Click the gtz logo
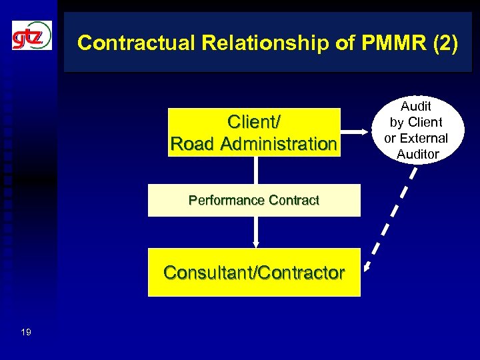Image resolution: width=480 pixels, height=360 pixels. [x=31, y=35]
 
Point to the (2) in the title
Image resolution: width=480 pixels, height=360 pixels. [x=445, y=43]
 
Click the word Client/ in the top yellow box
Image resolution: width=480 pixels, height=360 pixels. [x=254, y=123]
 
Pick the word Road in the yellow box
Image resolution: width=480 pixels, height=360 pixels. [x=194, y=143]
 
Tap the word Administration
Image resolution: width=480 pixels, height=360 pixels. [x=279, y=143]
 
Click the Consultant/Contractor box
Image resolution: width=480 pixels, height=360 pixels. [x=254, y=272]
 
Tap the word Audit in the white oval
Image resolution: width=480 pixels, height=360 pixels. [x=416, y=106]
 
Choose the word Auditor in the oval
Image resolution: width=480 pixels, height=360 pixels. [x=418, y=154]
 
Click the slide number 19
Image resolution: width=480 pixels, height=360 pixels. [x=25, y=331]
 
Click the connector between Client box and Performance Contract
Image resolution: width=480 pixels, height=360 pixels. [x=255, y=170]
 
